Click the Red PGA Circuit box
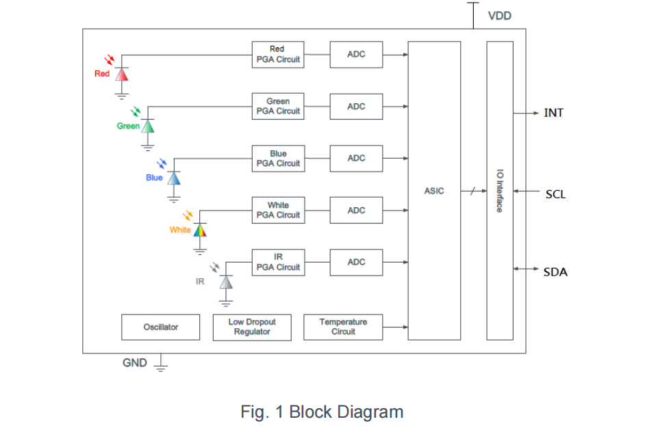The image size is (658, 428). (x=277, y=54)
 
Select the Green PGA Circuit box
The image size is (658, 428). (x=277, y=106)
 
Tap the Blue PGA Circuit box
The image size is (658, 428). (x=277, y=158)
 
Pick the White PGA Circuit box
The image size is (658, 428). (x=277, y=210)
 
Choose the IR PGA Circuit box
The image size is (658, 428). (x=277, y=262)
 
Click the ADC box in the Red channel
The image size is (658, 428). (x=356, y=54)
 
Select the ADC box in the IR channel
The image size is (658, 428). (x=356, y=262)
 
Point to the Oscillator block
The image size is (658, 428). (x=160, y=327)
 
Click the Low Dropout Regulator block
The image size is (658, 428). (x=252, y=327)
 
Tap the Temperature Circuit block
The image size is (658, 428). (x=342, y=327)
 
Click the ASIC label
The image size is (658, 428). (x=434, y=191)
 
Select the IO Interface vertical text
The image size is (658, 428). (x=499, y=191)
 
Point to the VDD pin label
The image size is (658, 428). (x=499, y=16)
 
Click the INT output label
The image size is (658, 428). (x=554, y=113)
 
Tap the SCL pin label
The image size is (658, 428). (x=555, y=194)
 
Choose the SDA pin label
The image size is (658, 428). (x=555, y=272)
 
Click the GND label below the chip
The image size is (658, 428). (x=135, y=363)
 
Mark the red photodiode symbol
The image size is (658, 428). (x=122, y=74)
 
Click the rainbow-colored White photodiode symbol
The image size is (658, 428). (x=200, y=230)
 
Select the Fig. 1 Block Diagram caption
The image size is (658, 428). (x=322, y=412)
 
